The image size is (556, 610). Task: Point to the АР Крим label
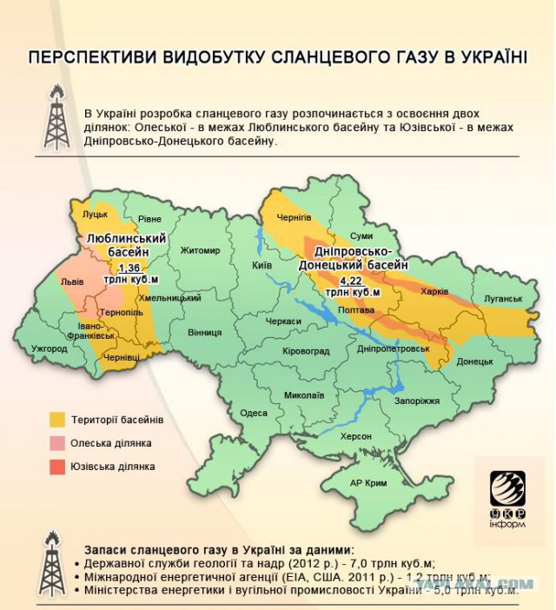(x=367, y=482)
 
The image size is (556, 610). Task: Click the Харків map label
(x=434, y=292)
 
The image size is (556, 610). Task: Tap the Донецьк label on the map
(x=474, y=361)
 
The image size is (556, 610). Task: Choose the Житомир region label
(x=200, y=251)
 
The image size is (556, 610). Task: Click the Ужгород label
(x=49, y=348)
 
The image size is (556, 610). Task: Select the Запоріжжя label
(x=417, y=401)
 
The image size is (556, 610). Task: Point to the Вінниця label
(x=204, y=332)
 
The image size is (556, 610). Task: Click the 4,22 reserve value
(x=351, y=282)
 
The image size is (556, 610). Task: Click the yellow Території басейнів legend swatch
(x=58, y=420)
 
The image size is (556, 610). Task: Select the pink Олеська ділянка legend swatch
(x=58, y=443)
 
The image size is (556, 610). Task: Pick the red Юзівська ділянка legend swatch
(x=58, y=467)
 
